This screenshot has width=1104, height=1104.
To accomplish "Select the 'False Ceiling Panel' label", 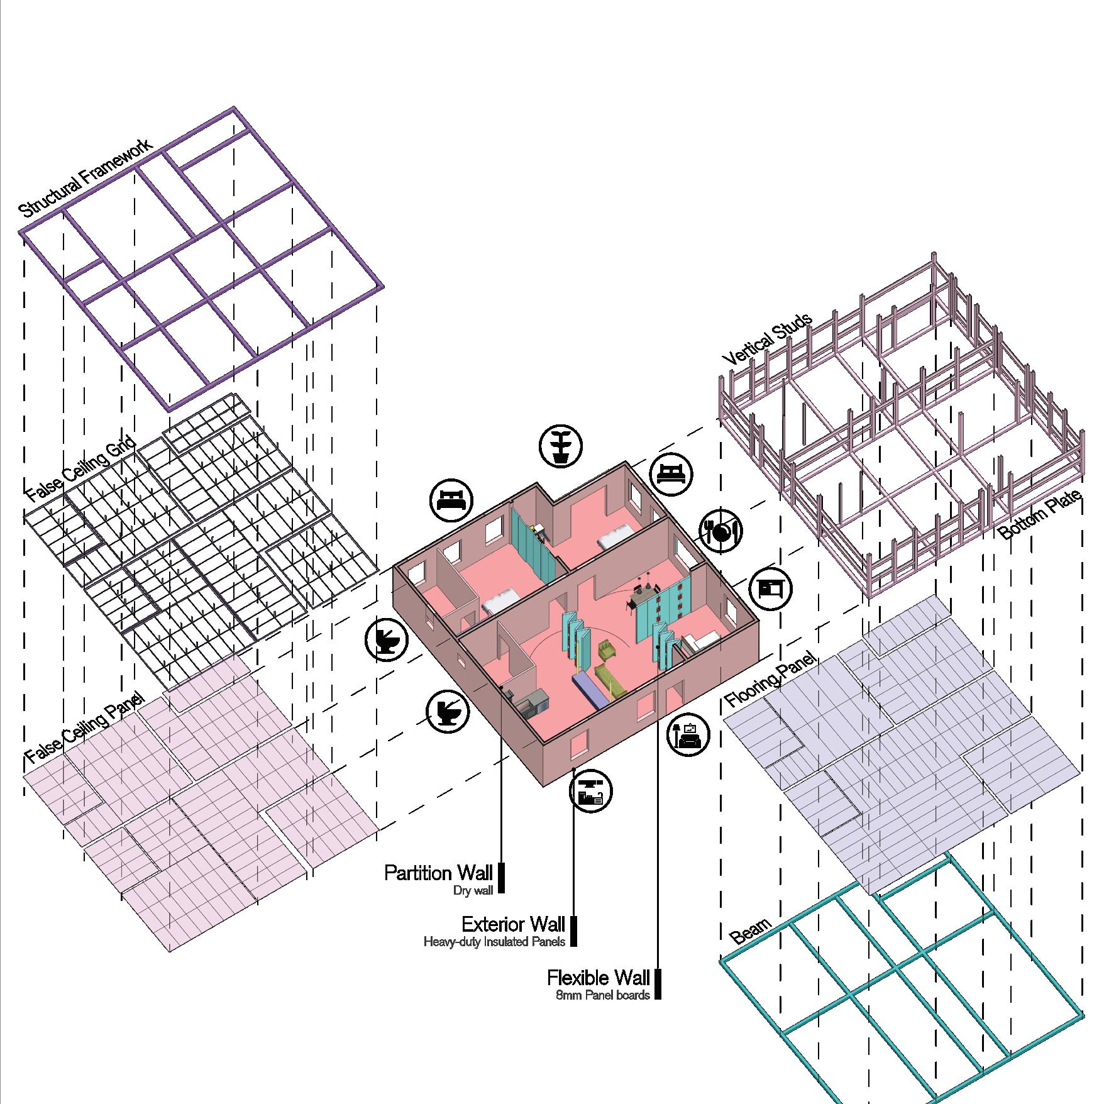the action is click(84, 729).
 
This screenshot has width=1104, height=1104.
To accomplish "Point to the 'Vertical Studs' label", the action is click(767, 339).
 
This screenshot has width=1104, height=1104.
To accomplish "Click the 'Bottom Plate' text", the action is click(1041, 515).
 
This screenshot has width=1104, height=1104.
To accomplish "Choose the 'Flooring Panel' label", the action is click(770, 681).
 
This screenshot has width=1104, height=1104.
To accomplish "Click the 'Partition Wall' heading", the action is click(438, 873).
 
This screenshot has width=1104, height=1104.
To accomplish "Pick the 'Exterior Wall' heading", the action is click(513, 924).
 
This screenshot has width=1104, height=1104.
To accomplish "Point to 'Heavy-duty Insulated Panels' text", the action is click(494, 942).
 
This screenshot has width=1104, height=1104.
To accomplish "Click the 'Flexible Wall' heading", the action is click(598, 978).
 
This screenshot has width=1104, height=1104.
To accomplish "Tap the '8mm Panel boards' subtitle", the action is click(602, 995).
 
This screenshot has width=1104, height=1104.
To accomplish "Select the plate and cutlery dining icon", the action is click(720, 531).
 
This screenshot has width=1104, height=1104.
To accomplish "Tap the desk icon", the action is click(771, 588).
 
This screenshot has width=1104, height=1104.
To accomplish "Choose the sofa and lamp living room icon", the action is click(688, 734).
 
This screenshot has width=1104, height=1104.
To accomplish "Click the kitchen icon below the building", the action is click(591, 791).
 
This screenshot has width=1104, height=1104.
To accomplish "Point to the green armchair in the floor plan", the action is click(607, 649).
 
